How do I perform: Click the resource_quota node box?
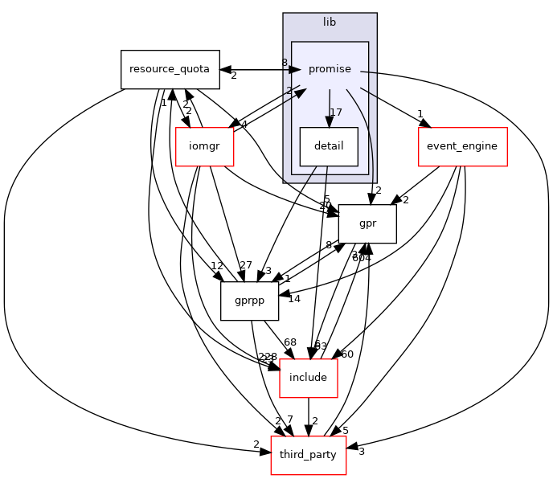170,69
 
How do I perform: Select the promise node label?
330,69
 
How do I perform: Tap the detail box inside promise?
329,147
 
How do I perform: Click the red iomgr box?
204,147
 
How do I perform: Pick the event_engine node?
462,147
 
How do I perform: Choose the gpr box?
367,224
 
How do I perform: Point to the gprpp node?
249,301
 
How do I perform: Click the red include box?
308,378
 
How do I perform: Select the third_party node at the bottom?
309,456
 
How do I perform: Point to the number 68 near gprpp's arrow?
289,343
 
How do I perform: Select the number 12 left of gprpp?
217,266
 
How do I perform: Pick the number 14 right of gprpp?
294,299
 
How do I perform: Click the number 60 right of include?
347,354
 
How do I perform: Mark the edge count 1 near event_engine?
420,113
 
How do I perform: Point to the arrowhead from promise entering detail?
330,121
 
